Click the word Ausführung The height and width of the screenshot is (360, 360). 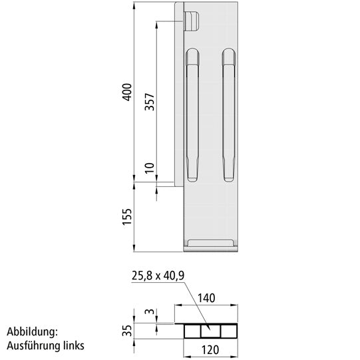[33, 345]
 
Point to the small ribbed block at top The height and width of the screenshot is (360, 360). [191, 21]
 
